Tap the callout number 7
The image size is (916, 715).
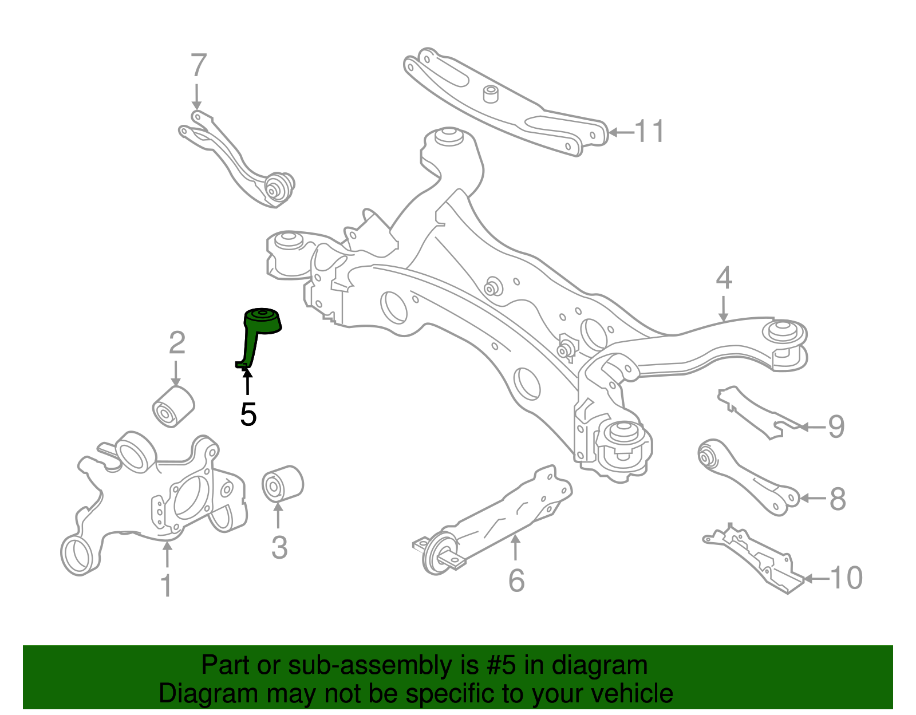point(198,66)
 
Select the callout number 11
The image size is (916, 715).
point(650,132)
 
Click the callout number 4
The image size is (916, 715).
point(724,278)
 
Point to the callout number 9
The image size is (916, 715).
point(836,427)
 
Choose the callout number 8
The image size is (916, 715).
point(837,499)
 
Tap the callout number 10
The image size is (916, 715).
point(846,578)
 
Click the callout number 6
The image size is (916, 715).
point(516,581)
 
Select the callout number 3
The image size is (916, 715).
point(279,548)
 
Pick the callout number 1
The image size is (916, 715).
point(167,586)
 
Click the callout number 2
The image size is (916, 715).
point(177,343)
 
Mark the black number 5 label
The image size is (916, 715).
point(248,414)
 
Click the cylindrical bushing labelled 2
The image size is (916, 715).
point(173,406)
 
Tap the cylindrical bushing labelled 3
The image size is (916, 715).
point(282,483)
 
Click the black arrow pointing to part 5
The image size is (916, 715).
point(247,381)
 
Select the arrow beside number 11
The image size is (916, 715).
point(621,132)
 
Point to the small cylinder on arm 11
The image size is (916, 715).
point(490,94)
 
